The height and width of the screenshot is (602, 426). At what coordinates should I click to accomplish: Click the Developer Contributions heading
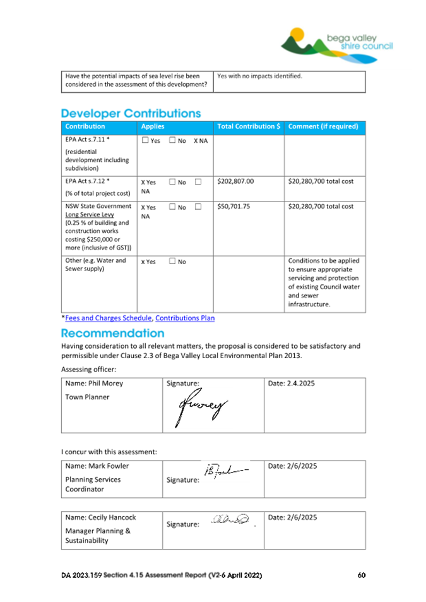point(131,114)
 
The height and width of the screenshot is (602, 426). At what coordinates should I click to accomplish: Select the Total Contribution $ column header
point(249,127)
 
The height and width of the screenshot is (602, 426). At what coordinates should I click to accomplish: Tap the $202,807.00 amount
point(235,181)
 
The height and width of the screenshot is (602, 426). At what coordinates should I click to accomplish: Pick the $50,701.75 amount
point(234,207)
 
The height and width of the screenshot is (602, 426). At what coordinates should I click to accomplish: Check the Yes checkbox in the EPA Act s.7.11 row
point(146,140)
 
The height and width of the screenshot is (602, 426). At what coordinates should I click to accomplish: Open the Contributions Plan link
point(185,318)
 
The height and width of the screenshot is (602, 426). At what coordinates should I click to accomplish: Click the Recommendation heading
point(112,333)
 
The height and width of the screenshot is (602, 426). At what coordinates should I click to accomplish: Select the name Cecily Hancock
point(100,517)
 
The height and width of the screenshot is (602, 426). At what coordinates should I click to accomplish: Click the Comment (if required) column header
point(323,127)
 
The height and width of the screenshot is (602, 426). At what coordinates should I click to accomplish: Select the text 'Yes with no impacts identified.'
point(259,76)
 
